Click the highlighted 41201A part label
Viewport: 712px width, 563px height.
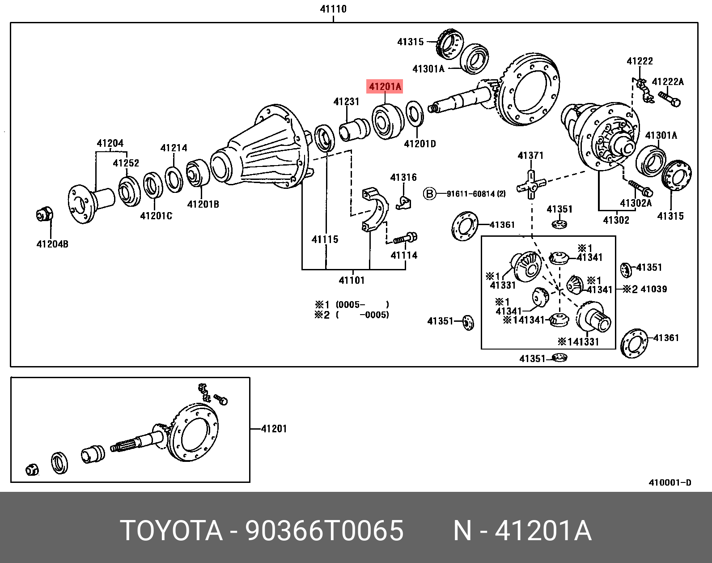click(385, 86)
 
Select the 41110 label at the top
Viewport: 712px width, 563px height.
click(333, 9)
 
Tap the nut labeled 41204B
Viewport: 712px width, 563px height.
click(44, 214)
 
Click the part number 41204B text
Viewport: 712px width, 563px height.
click(52, 244)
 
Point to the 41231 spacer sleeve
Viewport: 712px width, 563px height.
click(354, 129)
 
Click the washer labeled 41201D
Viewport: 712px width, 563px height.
click(415, 115)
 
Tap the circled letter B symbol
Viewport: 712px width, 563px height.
click(429, 194)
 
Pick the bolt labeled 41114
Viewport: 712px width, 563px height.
click(405, 238)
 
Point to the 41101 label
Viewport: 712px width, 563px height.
click(352, 281)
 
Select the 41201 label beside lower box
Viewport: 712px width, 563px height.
click(274, 429)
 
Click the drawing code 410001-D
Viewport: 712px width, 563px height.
click(670, 482)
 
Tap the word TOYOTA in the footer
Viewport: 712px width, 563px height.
click(171, 531)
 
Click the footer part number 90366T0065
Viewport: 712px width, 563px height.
click(324, 531)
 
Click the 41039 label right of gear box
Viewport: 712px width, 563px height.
click(653, 289)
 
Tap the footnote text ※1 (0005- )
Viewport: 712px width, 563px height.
click(352, 305)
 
